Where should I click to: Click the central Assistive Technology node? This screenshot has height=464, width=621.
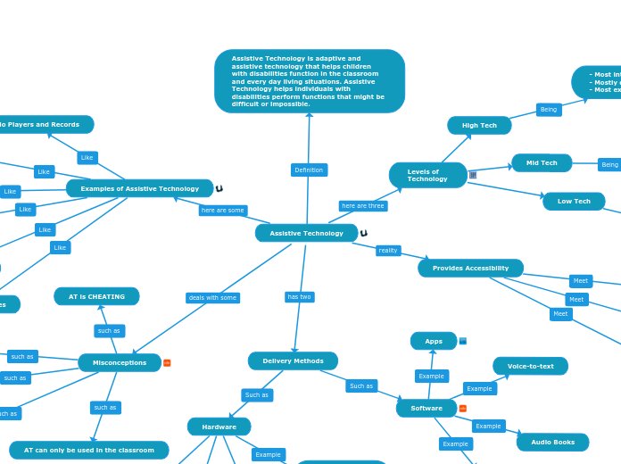[x=306, y=233]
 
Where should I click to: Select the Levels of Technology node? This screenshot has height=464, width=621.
[x=427, y=175]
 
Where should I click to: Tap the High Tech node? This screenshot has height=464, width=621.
[x=479, y=126]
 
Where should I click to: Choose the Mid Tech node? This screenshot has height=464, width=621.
[x=542, y=163]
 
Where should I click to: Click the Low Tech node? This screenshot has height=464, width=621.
[x=574, y=202]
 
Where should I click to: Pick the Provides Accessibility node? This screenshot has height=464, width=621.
[x=470, y=268]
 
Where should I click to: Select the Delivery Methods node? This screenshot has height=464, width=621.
[x=293, y=361]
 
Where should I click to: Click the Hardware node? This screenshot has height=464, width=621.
[x=219, y=427]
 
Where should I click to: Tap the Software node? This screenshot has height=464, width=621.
[x=426, y=408]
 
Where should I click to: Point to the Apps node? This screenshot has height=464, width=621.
[x=434, y=341]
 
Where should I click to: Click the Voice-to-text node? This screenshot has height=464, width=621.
[x=530, y=366]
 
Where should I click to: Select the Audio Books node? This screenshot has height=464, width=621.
[x=552, y=442]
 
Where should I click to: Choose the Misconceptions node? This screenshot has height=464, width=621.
[x=120, y=362]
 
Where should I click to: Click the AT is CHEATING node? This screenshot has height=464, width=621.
[x=96, y=296]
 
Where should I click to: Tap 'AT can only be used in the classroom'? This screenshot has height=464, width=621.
[x=88, y=450]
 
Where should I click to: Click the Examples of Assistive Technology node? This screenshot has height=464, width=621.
[x=139, y=188]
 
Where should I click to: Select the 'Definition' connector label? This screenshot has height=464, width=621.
[x=309, y=170]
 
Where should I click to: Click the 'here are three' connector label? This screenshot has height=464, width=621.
[x=363, y=205]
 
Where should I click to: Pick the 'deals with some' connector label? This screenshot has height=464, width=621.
[x=212, y=297]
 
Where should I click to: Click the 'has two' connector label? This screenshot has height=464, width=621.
[x=299, y=296]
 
